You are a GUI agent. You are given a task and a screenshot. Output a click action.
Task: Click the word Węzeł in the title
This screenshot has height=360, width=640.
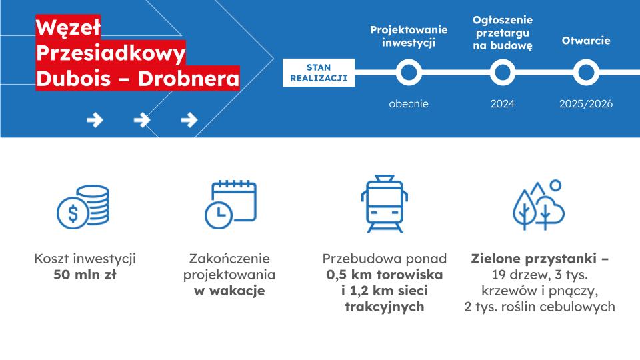click(x=68, y=28)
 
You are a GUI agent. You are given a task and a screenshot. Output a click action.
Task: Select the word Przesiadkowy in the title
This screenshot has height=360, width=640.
click(x=111, y=53)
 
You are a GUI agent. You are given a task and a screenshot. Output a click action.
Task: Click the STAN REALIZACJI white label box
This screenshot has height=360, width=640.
click(x=319, y=73)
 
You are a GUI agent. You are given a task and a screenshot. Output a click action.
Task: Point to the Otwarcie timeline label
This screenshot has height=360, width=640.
click(x=586, y=41)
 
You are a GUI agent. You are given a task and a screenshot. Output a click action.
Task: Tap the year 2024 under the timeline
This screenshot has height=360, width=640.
click(x=503, y=104)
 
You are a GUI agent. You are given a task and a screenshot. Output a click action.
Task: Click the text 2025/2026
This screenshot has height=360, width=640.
click(x=586, y=104)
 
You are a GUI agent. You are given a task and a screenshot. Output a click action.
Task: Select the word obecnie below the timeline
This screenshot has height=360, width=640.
click(x=409, y=104)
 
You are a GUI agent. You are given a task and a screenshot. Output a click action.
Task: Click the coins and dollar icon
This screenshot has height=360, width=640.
click(x=83, y=207)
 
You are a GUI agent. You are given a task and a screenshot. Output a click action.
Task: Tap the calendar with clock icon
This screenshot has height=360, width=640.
click(x=231, y=204)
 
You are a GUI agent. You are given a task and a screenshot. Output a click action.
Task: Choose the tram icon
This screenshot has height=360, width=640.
click(x=385, y=204)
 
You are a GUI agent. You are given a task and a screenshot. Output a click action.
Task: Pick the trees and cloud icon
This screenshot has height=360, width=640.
click(x=539, y=205)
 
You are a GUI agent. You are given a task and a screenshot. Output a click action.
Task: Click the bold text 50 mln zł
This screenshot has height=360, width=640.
click(x=85, y=275)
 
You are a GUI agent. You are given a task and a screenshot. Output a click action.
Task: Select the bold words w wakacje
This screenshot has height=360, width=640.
click(x=229, y=291)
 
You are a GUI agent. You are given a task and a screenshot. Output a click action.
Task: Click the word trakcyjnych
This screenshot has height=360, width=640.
click(x=385, y=307)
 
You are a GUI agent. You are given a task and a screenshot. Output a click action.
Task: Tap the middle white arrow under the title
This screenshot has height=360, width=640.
click(x=142, y=120)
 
